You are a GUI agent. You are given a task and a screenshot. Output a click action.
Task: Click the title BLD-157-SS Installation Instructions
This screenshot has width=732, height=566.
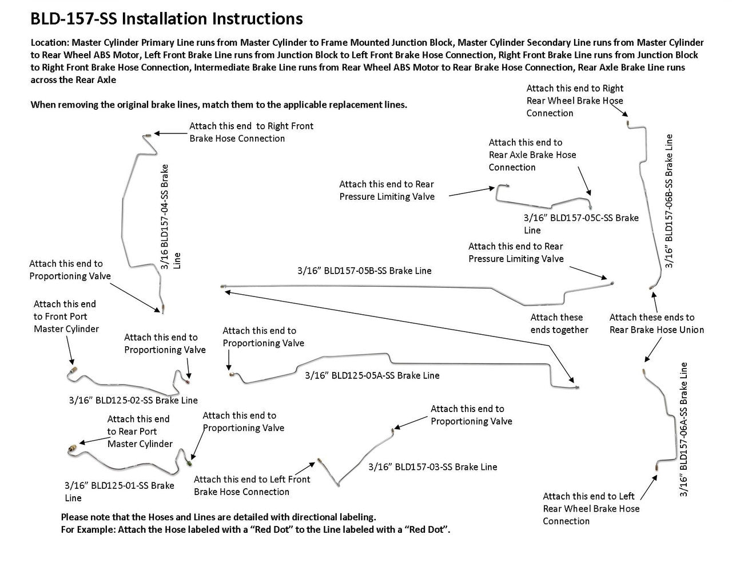166,19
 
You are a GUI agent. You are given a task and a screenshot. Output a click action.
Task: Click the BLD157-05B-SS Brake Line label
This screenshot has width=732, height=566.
364,270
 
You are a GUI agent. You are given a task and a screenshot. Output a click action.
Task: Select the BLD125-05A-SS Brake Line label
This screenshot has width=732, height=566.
372,375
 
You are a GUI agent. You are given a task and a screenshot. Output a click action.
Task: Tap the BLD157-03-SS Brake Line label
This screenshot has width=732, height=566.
432,466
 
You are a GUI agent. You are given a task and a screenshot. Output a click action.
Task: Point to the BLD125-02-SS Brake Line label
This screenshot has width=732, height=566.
133,400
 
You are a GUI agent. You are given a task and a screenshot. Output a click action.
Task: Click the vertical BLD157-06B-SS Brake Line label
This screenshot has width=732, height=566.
669,200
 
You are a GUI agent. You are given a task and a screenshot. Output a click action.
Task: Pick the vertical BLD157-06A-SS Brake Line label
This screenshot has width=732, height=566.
683,429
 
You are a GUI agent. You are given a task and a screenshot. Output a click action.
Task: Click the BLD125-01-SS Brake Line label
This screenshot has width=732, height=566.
119,491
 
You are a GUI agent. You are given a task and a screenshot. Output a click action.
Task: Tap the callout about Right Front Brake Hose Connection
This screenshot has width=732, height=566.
251,132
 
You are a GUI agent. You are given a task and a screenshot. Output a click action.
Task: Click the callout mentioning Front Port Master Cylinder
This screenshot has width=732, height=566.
66,316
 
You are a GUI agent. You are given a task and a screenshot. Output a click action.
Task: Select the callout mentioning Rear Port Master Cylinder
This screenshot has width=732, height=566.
140,432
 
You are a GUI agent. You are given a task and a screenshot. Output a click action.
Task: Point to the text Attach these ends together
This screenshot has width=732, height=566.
559,323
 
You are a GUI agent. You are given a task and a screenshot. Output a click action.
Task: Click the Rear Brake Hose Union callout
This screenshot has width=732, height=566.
657,323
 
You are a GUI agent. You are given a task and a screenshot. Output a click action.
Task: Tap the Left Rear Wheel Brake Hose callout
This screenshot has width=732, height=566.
591,508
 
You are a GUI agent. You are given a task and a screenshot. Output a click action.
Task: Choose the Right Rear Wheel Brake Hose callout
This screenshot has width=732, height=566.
575,101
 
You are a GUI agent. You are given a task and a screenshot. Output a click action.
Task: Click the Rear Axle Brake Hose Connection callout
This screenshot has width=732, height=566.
532,155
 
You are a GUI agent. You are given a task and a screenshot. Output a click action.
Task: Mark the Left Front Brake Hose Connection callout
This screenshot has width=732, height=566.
252,485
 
